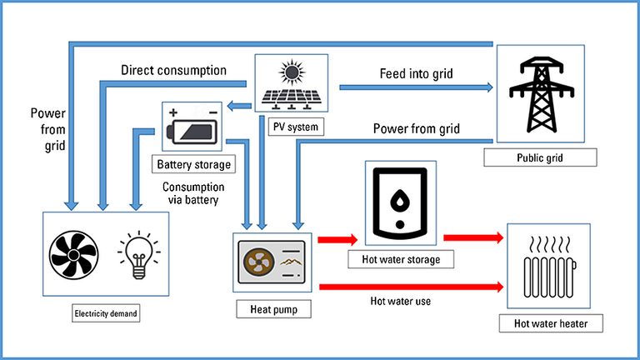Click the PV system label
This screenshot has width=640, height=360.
click(x=288, y=127)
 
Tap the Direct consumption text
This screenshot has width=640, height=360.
click(x=173, y=70)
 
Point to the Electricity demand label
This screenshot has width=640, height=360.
click(x=106, y=313)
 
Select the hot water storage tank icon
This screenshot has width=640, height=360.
click(x=401, y=202)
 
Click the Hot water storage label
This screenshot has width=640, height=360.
click(x=401, y=260)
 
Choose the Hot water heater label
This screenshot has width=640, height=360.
click(x=546, y=322)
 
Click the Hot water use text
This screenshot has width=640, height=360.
click(x=400, y=301)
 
